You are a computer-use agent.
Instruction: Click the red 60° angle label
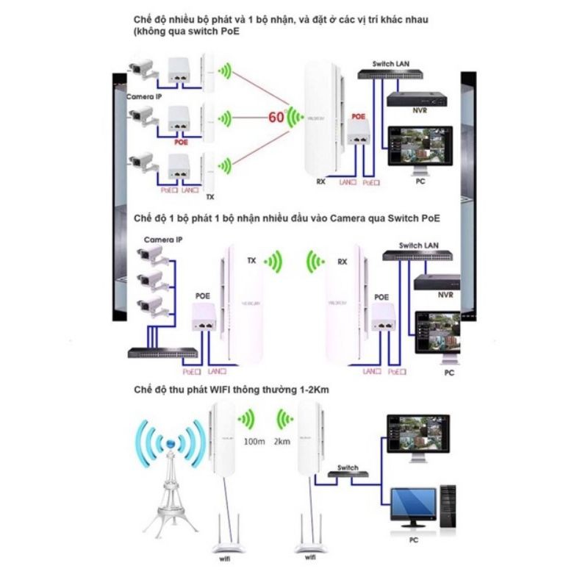(x=276, y=117)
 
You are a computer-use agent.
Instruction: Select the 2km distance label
(x=280, y=443)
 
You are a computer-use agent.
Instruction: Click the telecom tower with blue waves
(x=171, y=470)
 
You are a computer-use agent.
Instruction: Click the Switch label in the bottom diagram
(x=348, y=467)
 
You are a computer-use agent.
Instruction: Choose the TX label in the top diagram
(x=210, y=197)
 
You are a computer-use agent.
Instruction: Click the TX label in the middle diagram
(x=251, y=261)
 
